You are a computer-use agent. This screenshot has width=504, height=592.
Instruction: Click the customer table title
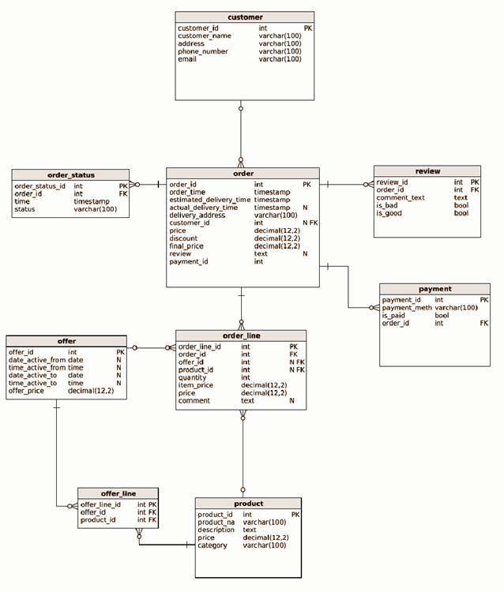pyautogui.click(x=244, y=17)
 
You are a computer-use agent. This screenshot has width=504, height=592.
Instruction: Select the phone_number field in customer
pyautogui.click(x=202, y=51)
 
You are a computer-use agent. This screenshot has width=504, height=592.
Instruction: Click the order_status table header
pyautogui.click(x=70, y=175)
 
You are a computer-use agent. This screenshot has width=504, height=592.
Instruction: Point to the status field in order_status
pyautogui.click(x=24, y=209)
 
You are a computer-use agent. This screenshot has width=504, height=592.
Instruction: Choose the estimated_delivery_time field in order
pyautogui.click(x=209, y=200)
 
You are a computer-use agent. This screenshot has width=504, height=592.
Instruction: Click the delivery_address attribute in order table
pyautogui.click(x=197, y=215)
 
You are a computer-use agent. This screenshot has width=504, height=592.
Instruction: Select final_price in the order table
pyautogui.click(x=186, y=245)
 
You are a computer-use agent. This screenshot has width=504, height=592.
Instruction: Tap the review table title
pyautogui.click(x=427, y=171)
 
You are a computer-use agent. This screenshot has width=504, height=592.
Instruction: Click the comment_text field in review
pyautogui.click(x=400, y=197)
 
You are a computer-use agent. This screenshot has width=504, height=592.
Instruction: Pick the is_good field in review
pyautogui.click(x=389, y=213)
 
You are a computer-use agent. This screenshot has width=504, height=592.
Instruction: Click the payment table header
pyautogui.click(x=434, y=289)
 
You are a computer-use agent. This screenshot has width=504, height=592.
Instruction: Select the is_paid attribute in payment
pyautogui.click(x=393, y=315)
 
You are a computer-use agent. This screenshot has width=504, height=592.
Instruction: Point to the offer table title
pyautogui.click(x=66, y=341)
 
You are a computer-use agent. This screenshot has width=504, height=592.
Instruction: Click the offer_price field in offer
pyautogui.click(x=26, y=391)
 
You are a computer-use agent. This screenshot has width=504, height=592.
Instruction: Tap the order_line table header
pyautogui.click(x=241, y=335)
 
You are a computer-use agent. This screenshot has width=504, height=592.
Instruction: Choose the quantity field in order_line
pyautogui.click(x=193, y=377)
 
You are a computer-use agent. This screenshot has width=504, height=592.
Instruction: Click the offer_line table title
pyautogui.click(x=118, y=493)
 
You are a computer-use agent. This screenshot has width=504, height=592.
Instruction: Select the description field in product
pyautogui.click(x=216, y=530)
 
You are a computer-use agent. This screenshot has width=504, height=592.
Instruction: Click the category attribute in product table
pyautogui.click(x=212, y=545)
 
